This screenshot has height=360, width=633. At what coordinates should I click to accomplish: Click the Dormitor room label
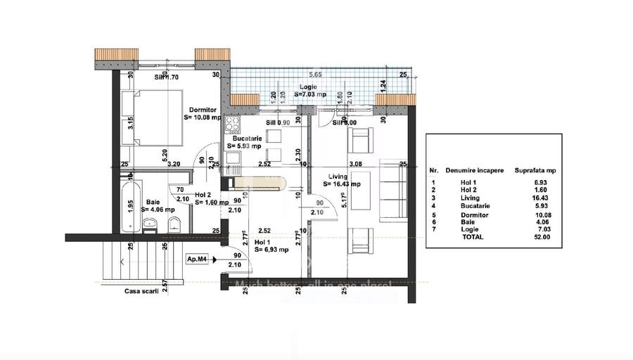202,109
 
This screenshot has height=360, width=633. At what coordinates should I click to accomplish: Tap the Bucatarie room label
247,139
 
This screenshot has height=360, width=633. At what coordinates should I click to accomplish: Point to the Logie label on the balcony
305,87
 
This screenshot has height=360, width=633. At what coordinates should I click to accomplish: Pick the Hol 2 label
204,195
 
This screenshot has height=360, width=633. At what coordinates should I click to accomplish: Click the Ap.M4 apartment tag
197,259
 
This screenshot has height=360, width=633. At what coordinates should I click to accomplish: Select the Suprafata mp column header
536,170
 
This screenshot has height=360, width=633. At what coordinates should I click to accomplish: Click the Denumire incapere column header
474,170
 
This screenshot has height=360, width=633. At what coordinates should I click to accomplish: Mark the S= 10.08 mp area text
202,118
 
